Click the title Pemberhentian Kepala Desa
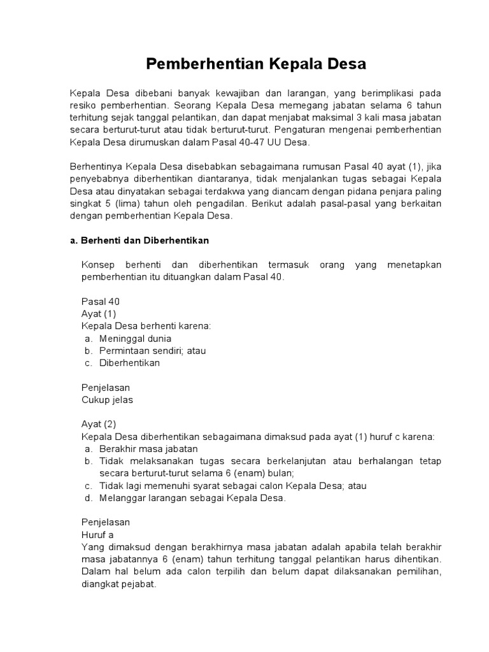257,64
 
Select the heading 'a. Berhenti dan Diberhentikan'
139,241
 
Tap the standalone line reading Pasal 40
101,301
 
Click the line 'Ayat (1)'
99,314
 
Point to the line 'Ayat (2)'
99,424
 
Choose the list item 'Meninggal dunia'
135,338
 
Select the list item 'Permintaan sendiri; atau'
152,351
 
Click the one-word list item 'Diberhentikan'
129,363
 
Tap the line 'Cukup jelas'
108,400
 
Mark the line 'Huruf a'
97,535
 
